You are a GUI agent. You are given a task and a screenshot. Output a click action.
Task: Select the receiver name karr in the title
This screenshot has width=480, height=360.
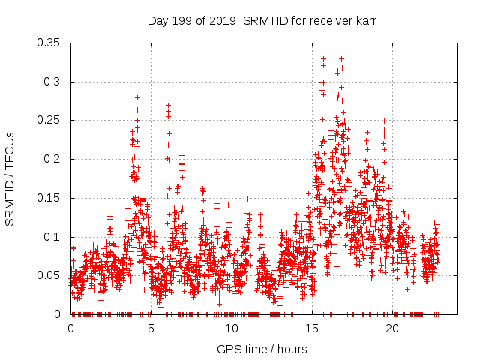click(364, 22)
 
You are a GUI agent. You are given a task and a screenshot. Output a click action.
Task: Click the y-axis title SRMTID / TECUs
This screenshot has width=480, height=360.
click(10, 178)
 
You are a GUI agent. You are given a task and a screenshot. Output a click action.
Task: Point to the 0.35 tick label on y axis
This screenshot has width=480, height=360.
click(49, 43)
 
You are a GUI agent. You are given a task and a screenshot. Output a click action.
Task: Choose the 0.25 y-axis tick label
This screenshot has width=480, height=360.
click(49, 120)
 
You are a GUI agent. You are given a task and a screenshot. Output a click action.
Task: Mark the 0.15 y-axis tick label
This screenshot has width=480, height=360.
click(49, 198)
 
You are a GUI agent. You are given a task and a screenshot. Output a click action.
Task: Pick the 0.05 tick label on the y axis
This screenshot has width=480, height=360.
click(49, 275)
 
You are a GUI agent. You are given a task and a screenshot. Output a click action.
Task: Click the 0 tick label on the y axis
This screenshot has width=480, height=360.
click(58, 314)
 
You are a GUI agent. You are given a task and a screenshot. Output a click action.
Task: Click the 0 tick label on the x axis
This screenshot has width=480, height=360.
click(70, 328)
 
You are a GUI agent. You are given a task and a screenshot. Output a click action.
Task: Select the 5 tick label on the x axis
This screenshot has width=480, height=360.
click(151, 328)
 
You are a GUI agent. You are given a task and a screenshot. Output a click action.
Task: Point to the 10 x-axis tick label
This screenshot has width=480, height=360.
click(232, 328)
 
